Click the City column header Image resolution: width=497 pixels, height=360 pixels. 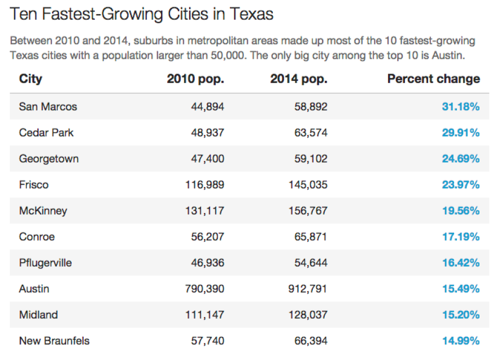coord(30,79)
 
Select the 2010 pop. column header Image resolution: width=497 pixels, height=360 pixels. coord(195,79)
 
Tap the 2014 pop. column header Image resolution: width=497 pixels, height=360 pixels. coord(298,79)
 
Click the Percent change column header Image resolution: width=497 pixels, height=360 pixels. coord(433,79)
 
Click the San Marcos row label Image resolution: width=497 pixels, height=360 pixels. coord(48,106)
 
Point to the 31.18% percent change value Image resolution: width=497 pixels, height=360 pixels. coord(460,106)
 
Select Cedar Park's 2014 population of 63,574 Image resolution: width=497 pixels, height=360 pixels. coord(310,133)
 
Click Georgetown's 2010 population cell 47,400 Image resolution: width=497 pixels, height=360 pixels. coord(207,159)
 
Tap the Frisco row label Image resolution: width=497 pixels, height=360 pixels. coord(34,185)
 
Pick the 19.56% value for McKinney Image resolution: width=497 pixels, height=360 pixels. coord(460,211)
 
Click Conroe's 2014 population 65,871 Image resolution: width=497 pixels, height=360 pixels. coord(310,237)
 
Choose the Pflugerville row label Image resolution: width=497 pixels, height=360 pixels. coord(45,263)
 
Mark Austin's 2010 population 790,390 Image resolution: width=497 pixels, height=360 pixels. coord(204,289)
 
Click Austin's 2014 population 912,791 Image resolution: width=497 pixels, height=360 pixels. coord(307,289)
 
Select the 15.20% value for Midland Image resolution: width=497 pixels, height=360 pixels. coord(460,315)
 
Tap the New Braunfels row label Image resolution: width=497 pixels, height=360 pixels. coord(54,341)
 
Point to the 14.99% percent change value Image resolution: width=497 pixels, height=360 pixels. coord(460,341)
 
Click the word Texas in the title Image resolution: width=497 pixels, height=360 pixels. coord(251,14)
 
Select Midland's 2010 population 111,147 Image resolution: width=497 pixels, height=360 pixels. coord(204,315)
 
